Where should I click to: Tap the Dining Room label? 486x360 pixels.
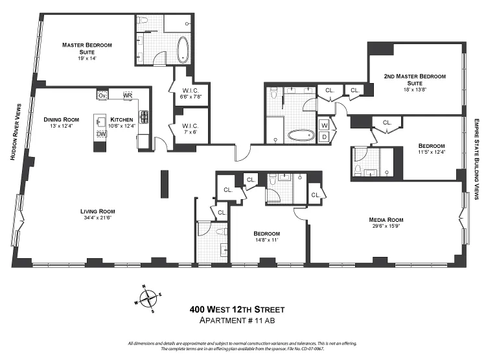61,119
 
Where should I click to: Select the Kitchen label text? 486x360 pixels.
122,119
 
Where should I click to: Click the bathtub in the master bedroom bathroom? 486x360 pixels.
183,51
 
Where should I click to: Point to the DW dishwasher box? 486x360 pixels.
101,134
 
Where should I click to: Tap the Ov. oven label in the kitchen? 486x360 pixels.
102,95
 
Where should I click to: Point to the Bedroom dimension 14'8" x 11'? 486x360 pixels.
267,240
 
